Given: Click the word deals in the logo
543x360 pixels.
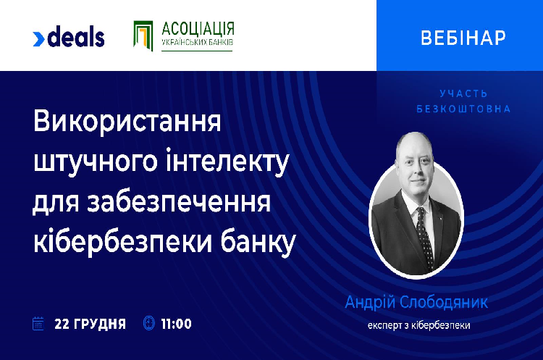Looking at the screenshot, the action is pos(76,36).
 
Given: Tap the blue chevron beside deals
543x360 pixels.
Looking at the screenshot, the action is pos(38,39).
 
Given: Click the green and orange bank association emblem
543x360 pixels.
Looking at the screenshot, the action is pos(143,35).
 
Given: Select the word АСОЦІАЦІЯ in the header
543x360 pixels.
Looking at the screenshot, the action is pos(198,29).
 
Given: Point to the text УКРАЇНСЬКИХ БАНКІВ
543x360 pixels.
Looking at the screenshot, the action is pos(198,42).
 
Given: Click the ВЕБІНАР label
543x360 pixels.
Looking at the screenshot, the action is pos(463,38).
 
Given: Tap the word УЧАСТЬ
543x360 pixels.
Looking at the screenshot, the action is pos(463,93).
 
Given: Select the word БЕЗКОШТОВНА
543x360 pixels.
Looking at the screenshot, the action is pos(463,109).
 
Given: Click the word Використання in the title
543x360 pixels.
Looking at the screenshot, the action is pos(127,121).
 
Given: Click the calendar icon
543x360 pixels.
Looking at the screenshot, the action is pos(38,323).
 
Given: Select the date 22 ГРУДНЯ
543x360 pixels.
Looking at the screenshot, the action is pos(90,324).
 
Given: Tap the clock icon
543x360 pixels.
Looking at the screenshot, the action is pos(149,323).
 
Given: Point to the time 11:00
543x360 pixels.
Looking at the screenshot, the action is pos(176,324).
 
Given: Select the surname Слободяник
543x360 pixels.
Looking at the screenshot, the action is pos(444,303).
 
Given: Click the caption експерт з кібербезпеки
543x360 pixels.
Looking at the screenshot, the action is pos(419,326).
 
